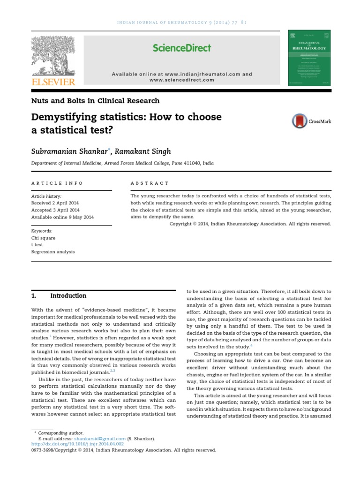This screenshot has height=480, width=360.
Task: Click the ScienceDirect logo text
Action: [182, 48]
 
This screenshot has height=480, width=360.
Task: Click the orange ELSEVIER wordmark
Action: [53, 82]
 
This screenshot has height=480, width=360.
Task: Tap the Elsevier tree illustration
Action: [53, 55]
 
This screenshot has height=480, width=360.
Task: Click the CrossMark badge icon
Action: [300, 121]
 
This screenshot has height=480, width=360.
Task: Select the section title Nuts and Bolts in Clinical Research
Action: [95, 101]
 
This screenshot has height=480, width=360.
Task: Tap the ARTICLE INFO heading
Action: [57, 183]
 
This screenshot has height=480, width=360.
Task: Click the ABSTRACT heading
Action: [150, 183]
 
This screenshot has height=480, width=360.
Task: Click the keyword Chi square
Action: [43, 238]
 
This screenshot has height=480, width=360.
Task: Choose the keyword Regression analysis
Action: [52, 252]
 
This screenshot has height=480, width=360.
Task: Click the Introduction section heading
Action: [68, 296]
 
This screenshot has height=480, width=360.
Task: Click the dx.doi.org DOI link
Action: [77, 444]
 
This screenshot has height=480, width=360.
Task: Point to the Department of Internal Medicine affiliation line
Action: [122, 163]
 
